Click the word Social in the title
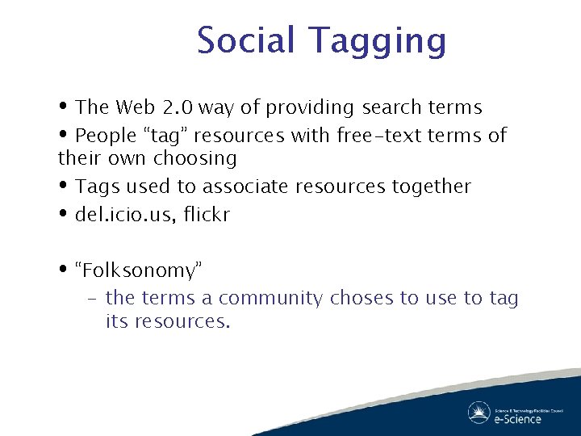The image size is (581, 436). point(247,40)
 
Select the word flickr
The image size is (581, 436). point(206,215)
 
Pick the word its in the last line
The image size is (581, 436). point(116,321)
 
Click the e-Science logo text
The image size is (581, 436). point(517,418)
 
